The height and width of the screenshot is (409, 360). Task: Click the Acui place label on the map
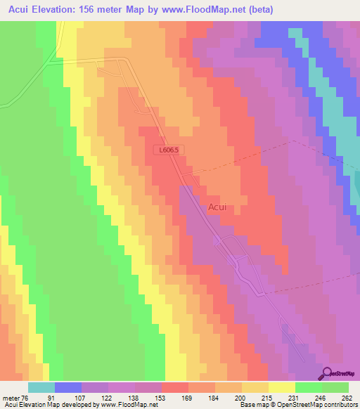tap(217, 207)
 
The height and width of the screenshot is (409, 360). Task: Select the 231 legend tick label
tap(295, 397)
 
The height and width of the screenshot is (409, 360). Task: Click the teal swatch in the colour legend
tap(41, 387)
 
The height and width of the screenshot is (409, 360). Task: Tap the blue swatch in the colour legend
tap(68, 387)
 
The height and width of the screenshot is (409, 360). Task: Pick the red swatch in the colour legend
tap(175, 387)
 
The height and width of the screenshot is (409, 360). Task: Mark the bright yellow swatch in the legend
tap(282, 387)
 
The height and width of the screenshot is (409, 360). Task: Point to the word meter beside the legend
tap(11, 397)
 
